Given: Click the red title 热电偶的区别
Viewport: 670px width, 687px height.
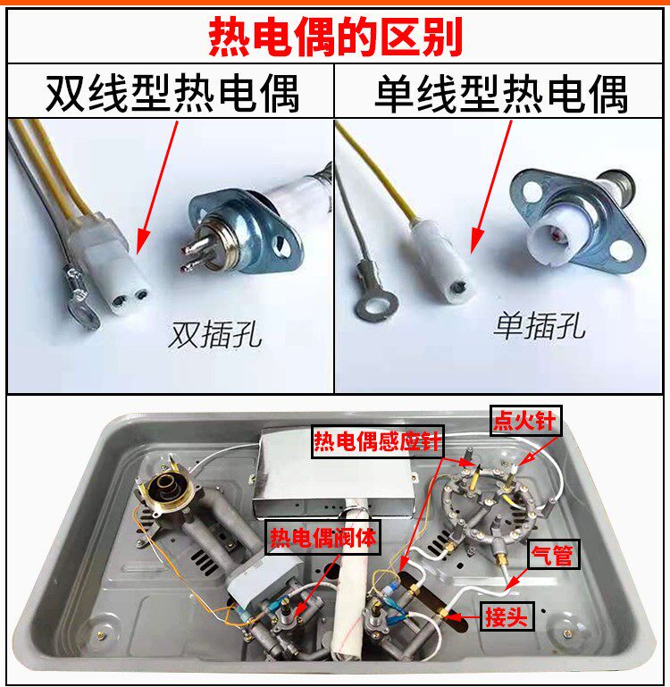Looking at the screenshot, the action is (335, 37).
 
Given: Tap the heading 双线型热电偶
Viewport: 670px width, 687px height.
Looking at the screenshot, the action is (172, 94).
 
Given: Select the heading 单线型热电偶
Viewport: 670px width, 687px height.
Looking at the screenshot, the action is (501, 94).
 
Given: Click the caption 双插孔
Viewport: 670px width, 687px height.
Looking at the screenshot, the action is (214, 335).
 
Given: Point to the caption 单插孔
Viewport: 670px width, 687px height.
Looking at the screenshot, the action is (540, 326).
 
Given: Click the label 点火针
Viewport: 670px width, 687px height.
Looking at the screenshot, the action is (525, 421).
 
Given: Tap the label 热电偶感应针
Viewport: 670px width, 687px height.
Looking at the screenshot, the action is (377, 441).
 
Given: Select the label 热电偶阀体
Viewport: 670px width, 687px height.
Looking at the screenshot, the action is (323, 537).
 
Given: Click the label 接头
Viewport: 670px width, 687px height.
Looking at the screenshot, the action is (507, 617).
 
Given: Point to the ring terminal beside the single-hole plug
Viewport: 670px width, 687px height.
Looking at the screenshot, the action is (374, 294).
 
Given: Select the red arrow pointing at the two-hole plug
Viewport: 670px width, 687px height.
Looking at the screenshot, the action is (157, 188).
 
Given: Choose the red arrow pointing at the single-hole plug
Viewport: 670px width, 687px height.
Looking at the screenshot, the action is (490, 188).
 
